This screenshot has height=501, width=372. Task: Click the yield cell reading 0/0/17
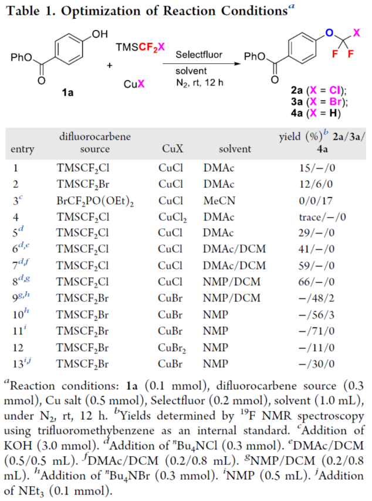click(x=317, y=199)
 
